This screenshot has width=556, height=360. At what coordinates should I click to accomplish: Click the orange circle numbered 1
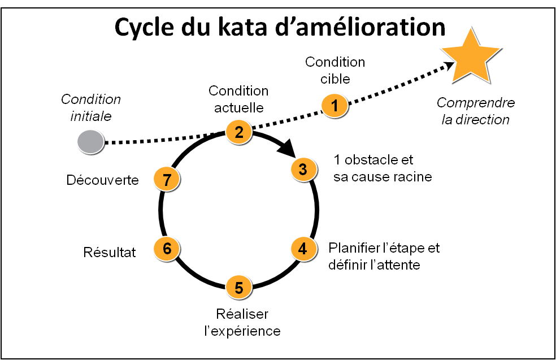(x=335, y=106)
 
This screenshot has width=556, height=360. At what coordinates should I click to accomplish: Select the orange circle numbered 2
(x=238, y=132)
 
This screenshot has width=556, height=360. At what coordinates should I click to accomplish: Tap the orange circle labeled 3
(x=303, y=169)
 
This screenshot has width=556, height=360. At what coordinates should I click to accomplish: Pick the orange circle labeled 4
(x=303, y=249)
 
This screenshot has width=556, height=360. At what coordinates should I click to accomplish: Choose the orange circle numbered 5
(x=238, y=287)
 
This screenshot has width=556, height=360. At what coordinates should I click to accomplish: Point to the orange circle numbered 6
(x=166, y=249)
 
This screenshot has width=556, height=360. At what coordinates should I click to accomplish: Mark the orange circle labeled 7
(x=166, y=179)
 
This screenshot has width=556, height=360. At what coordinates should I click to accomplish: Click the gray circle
(x=90, y=141)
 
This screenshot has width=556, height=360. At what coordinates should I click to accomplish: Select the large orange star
(x=470, y=57)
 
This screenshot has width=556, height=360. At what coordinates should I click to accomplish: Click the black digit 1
(x=335, y=106)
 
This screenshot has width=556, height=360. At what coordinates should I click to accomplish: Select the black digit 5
(x=238, y=288)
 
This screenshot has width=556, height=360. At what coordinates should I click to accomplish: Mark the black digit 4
(x=303, y=249)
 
